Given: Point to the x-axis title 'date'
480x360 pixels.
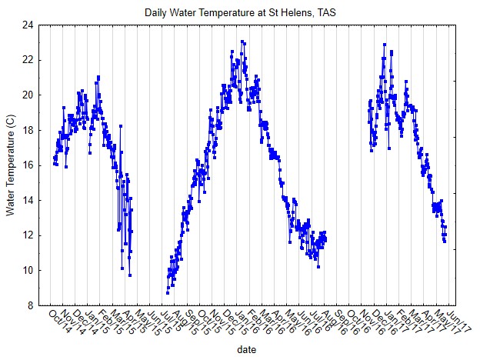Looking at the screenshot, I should (x=247, y=349).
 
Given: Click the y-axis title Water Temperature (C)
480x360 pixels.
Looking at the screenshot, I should (x=11, y=165).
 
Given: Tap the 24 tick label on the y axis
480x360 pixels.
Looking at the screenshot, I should (x=28, y=25).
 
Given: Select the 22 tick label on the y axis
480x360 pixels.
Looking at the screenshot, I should (x=28, y=60).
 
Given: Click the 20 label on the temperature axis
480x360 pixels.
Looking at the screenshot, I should (x=28, y=95).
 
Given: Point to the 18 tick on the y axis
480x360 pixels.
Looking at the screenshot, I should (x=28, y=130).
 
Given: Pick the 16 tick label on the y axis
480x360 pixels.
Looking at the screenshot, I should (x=28, y=165).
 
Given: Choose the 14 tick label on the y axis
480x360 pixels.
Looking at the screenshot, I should (x=28, y=200).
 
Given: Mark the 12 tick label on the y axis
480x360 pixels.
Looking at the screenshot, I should (x=28, y=235).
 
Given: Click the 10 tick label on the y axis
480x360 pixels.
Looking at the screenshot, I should (x=28, y=270).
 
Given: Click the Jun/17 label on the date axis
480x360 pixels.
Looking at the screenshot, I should (x=454, y=318).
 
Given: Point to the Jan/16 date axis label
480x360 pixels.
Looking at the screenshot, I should (x=245, y=318).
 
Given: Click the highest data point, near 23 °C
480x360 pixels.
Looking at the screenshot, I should (x=242, y=42).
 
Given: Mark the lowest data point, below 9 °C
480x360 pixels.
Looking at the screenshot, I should (x=167, y=293).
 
